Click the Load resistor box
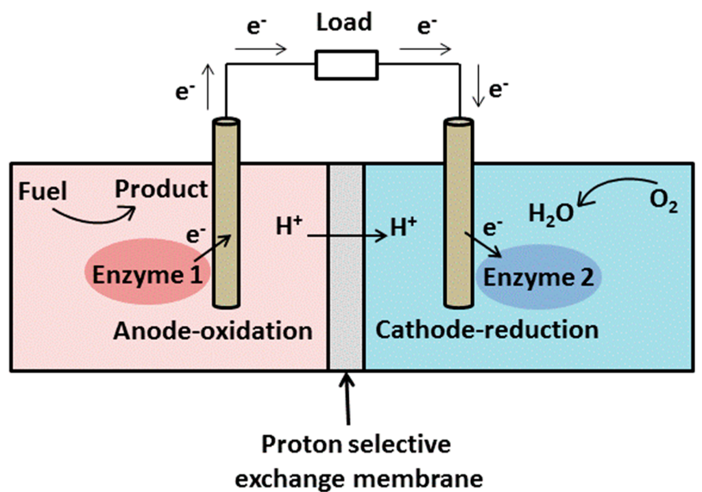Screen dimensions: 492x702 [x=346, y=65]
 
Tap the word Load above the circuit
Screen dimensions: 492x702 [x=343, y=22]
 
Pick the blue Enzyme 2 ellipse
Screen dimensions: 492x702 [x=537, y=277]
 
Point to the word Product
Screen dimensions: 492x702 [x=160, y=188]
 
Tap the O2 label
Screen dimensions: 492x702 [x=662, y=204]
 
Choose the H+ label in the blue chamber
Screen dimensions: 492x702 [x=404, y=226]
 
